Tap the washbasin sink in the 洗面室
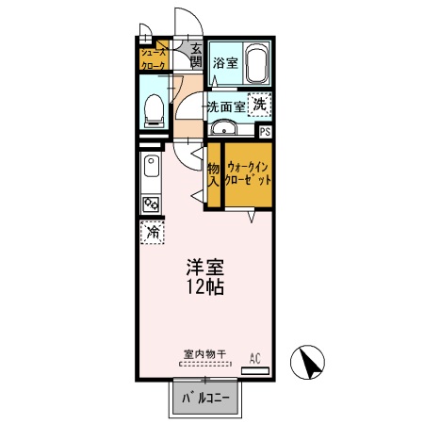[223, 129]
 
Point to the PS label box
[265, 132]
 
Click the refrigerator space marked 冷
[151, 231]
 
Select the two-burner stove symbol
[151, 204]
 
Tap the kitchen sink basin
[151, 170]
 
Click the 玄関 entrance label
[196, 57]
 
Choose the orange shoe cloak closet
[154, 58]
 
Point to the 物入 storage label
[214, 173]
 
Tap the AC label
[254, 357]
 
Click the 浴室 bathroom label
[225, 63]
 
